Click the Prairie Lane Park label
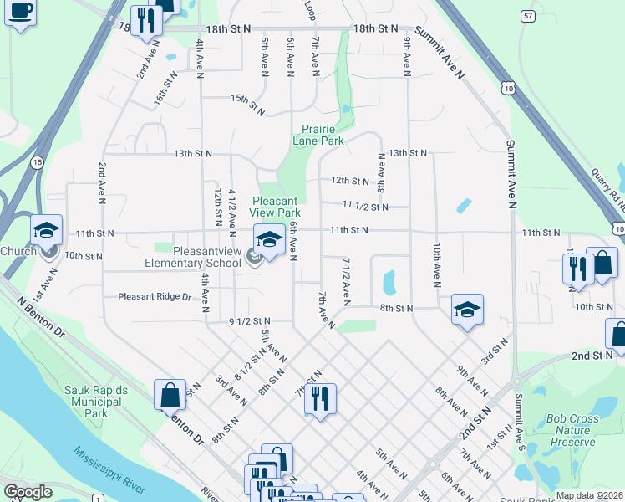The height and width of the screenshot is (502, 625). click(318, 136)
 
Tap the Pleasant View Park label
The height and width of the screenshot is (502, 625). click(274, 207)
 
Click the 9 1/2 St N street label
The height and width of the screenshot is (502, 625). click(250, 320)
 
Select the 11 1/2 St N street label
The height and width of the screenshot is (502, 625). click(365, 206)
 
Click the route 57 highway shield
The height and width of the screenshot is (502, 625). click(526, 16)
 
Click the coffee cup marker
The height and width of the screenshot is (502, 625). click(20, 12)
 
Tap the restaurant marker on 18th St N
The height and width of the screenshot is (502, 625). click(147, 21)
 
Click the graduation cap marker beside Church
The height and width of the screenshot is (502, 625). click(47, 231)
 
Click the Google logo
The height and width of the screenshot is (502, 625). click(28, 492)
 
